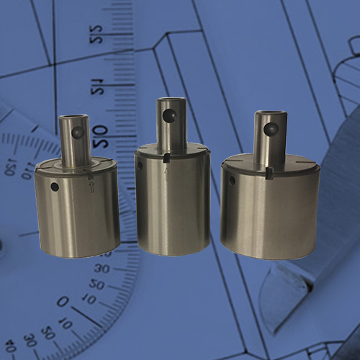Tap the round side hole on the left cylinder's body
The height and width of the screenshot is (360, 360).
[x=55, y=186]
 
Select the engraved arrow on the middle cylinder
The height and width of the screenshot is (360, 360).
[x=166, y=173]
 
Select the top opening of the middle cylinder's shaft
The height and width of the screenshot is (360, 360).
[x=171, y=102]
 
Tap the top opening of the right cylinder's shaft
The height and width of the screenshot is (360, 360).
[x=271, y=114]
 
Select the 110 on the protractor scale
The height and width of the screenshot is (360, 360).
[x=29, y=171]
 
